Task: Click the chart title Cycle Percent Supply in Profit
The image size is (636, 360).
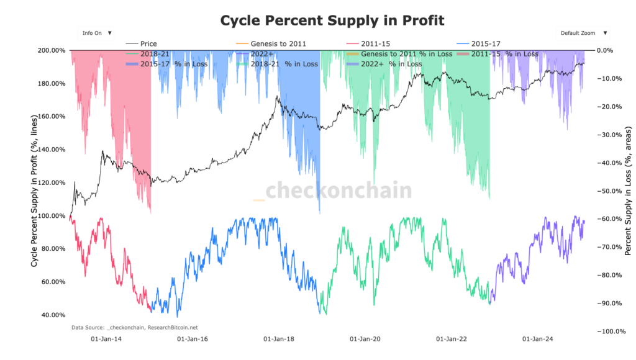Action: click(x=332, y=20)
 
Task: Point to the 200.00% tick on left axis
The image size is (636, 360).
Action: click(x=52, y=50)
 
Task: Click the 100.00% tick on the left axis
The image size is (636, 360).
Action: click(x=52, y=215)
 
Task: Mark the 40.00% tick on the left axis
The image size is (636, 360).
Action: click(x=53, y=315)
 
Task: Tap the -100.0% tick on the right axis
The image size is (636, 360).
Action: click(x=610, y=331)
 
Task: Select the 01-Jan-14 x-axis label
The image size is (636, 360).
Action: click(x=106, y=339)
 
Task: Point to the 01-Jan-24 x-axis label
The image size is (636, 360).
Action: click(x=538, y=339)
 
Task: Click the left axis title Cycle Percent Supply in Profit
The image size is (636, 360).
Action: click(x=35, y=191)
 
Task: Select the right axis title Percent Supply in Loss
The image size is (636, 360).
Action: click(x=628, y=191)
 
